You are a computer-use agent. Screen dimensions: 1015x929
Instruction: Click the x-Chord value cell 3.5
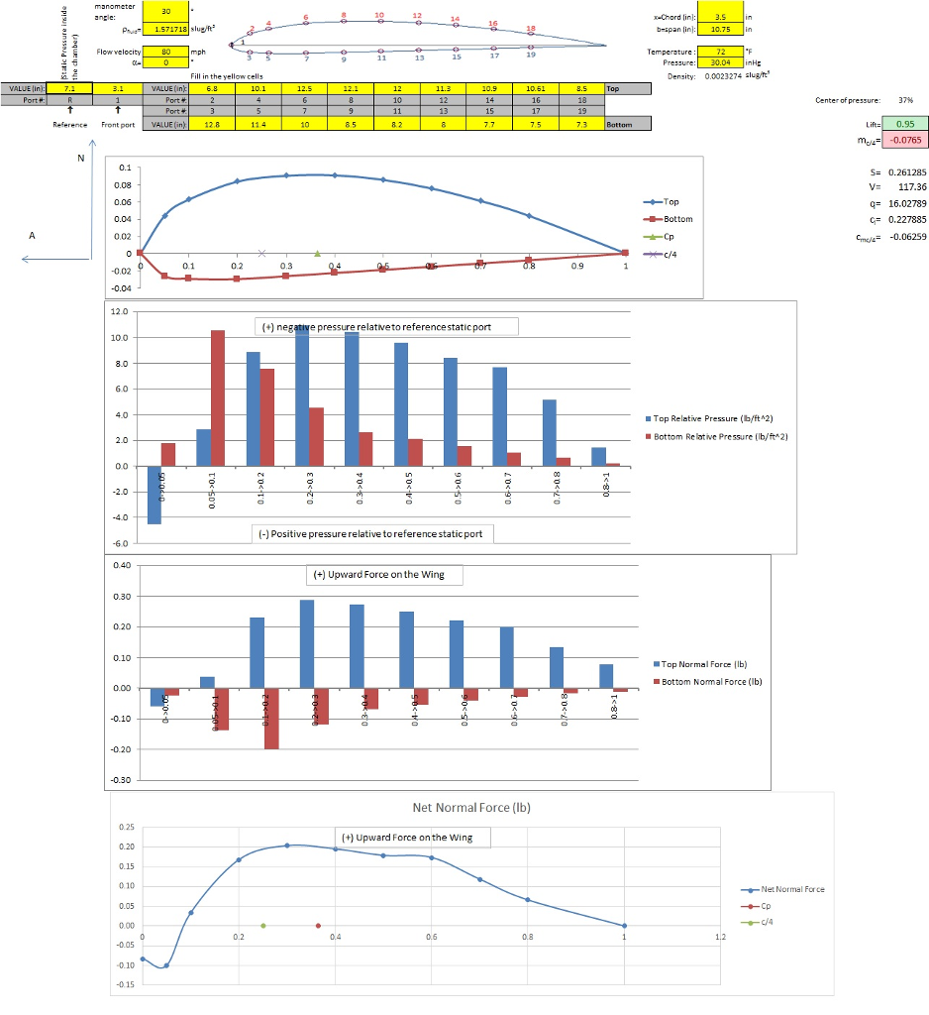[720, 17]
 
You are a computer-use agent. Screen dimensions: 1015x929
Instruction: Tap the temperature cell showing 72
[720, 51]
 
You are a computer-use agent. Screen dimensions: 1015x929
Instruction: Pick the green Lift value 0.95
[904, 124]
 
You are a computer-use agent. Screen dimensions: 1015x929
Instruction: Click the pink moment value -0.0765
[904, 141]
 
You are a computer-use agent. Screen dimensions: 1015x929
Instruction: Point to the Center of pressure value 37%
[904, 100]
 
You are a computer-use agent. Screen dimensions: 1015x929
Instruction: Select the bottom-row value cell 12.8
[211, 124]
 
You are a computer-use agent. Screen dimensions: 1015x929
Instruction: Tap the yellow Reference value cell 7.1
[69, 88]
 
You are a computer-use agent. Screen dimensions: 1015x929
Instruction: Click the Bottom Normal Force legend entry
[710, 681]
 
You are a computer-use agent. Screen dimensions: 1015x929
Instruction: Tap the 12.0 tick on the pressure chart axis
[120, 311]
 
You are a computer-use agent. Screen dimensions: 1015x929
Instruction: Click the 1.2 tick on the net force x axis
[720, 936]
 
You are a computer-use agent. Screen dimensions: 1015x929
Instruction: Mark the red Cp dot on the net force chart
[318, 925]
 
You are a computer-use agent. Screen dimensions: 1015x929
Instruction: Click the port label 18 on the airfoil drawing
[531, 28]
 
